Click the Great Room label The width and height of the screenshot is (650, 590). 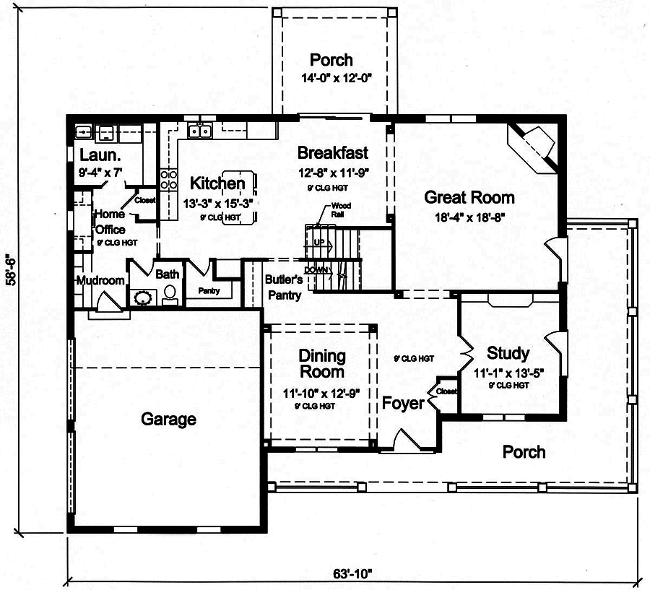pyautogui.click(x=469, y=197)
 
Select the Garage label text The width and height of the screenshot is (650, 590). pyautogui.click(x=168, y=419)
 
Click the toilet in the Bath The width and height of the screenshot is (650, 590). pyautogui.click(x=170, y=292)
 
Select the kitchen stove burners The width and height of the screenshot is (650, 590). pyautogui.click(x=168, y=180)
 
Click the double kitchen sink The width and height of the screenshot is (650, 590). pyautogui.click(x=199, y=131)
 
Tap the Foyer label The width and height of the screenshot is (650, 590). pyautogui.click(x=403, y=403)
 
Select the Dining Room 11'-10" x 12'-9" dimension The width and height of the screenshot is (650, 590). pyautogui.click(x=322, y=394)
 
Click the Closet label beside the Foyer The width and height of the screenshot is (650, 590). pyautogui.click(x=447, y=391)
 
